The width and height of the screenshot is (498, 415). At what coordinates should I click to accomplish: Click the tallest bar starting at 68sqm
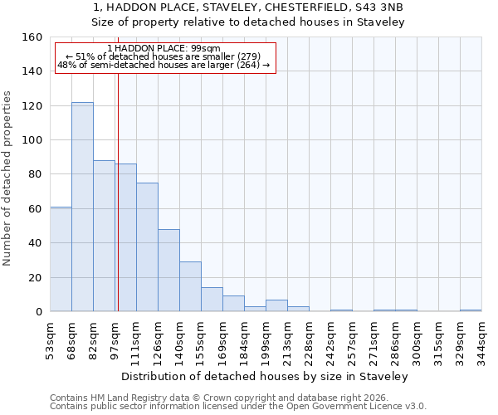[82, 207]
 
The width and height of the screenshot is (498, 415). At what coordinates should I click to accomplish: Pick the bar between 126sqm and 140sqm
[168, 271]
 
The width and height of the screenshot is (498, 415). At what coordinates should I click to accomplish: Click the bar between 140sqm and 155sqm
[190, 286]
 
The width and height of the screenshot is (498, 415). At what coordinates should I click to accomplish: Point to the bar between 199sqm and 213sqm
[276, 305]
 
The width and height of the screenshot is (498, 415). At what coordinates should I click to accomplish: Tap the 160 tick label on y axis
[32, 37]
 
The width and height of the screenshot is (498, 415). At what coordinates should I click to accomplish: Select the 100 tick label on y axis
[32, 140]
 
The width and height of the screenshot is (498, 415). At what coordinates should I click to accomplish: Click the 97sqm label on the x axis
[115, 341]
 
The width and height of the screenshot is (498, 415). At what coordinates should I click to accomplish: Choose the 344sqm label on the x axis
[481, 341]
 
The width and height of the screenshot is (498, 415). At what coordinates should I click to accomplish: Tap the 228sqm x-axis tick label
[309, 341]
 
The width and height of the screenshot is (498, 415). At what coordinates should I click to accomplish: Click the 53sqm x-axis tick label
[50, 341]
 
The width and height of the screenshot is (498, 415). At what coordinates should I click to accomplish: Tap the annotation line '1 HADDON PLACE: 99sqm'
[164, 48]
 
